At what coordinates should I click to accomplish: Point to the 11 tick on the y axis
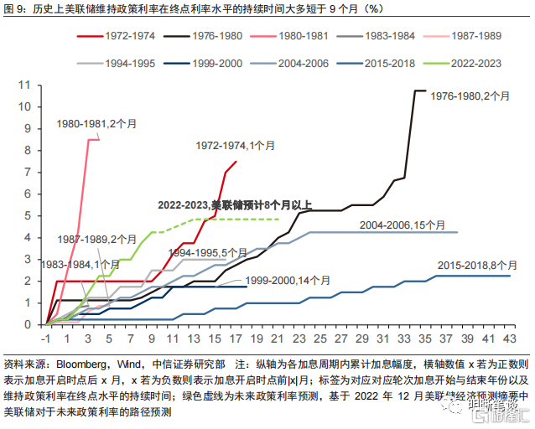pyautogui.click(x=25, y=85)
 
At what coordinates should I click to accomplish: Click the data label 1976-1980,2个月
pyautogui.click(x=470, y=97)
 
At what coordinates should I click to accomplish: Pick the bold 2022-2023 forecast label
pyautogui.click(x=235, y=205)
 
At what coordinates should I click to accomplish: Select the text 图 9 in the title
pyautogui.click(x=17, y=8)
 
